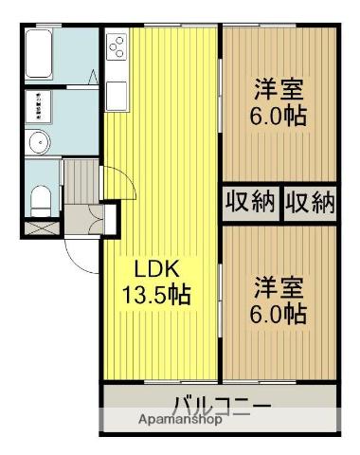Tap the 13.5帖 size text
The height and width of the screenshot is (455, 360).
tap(154, 295)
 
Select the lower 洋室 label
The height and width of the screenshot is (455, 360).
tap(279, 286)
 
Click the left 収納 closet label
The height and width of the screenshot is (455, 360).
tap(250, 202)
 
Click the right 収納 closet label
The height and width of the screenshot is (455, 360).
tap(310, 202)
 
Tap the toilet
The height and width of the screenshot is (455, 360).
tap(40, 198)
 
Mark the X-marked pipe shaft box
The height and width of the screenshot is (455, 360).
tap(39, 227)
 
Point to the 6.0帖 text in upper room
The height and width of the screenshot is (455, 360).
tap(279, 118)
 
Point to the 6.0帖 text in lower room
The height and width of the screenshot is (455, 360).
tap(279, 313)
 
